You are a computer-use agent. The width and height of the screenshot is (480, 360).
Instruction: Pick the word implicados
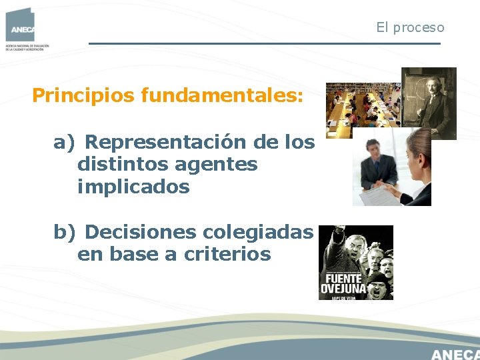tap(133, 187)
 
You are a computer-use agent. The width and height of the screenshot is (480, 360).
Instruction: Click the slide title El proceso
tap(409, 27)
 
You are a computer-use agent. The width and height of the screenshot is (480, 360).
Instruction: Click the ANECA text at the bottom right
tap(455, 353)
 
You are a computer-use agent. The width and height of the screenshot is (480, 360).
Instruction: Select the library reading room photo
tap(363, 105)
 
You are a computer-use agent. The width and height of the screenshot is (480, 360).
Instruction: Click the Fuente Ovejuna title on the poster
tap(344, 283)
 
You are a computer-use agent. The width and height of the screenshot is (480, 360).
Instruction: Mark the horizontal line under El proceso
tap(265, 44)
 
